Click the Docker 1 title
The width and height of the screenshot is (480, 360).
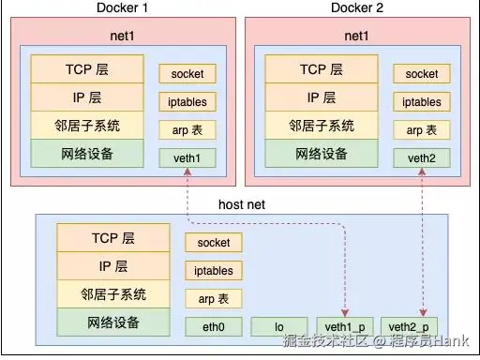127,8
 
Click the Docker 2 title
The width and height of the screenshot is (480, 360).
359,8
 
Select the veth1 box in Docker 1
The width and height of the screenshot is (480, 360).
187,157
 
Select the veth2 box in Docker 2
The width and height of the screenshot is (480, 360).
422,157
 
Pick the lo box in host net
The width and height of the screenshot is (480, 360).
279,325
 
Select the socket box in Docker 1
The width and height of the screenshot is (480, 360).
187,73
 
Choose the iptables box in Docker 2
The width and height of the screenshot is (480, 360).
422,101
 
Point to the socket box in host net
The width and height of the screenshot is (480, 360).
213,242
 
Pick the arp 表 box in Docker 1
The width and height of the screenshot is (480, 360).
187,129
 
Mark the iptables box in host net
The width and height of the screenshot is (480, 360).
213,270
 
